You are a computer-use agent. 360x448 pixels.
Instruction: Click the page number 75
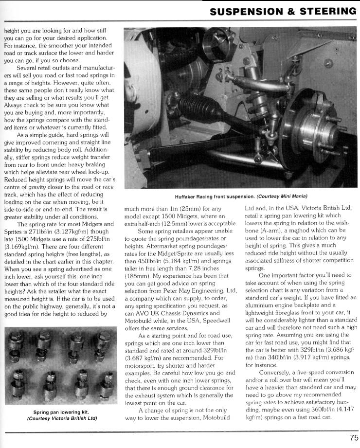pyautogui.click(x=353, y=437)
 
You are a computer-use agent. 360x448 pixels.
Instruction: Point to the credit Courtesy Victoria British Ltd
pyautogui.click(x=62, y=418)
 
